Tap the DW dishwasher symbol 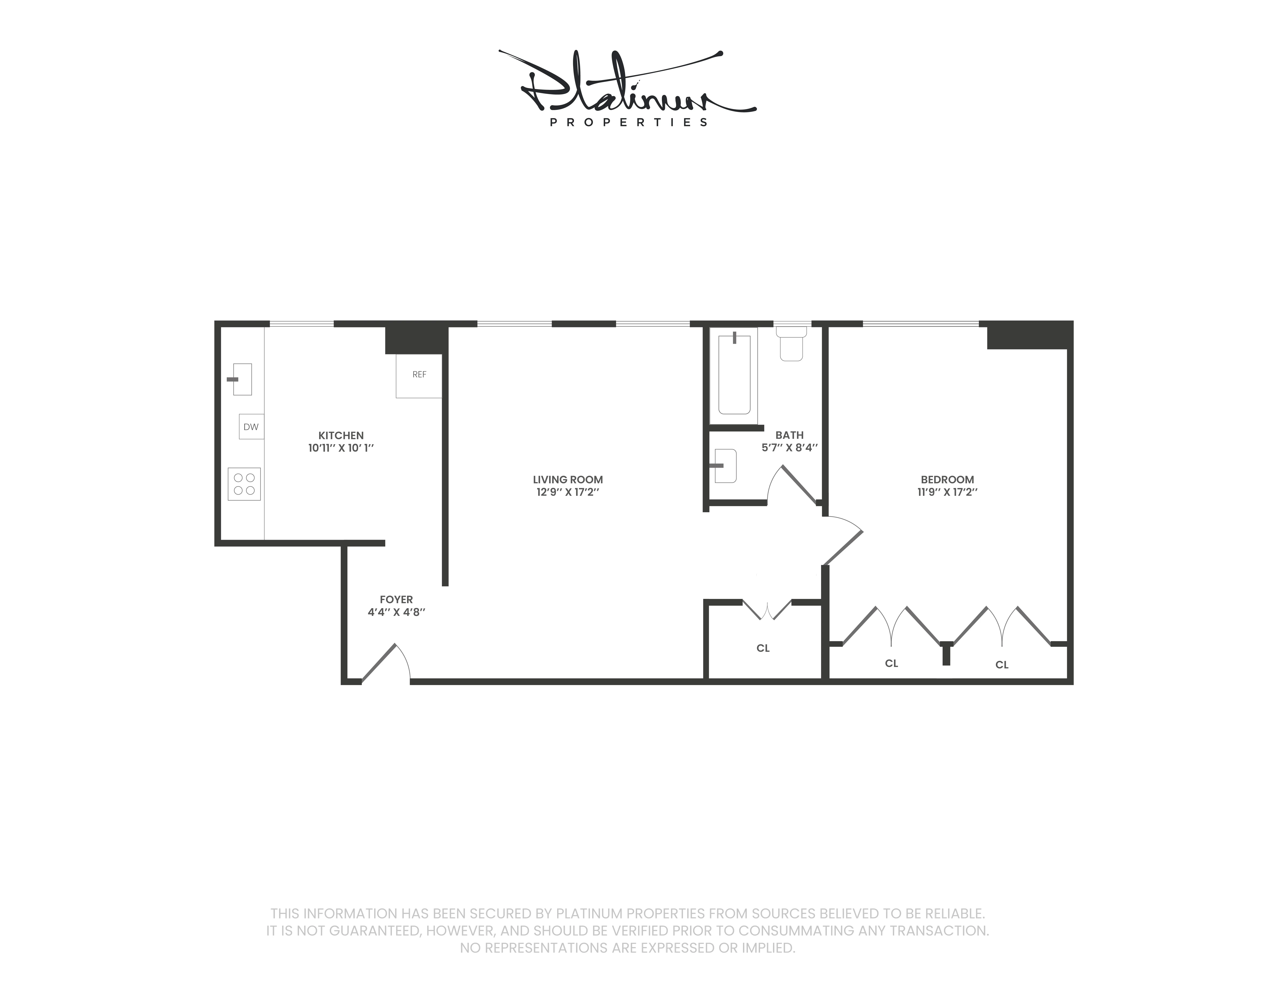[x=251, y=426]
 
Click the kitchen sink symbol [x=242, y=379]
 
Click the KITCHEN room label [x=341, y=435]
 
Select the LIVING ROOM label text [x=567, y=480]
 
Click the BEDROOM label [x=947, y=480]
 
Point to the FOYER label [x=396, y=599]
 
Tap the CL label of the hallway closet [x=763, y=648]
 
